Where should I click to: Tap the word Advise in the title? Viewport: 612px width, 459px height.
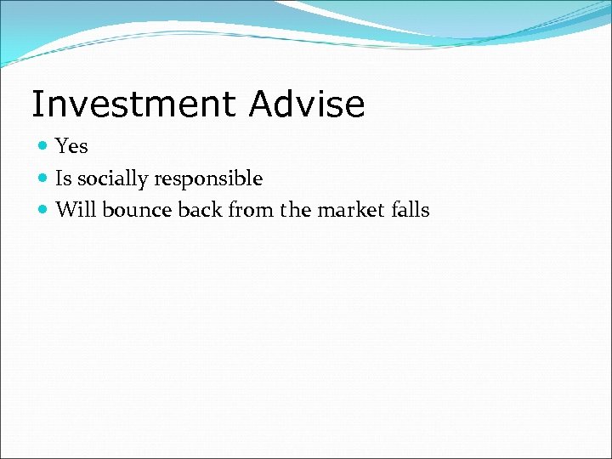(x=307, y=105)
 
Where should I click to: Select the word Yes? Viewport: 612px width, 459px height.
(x=71, y=147)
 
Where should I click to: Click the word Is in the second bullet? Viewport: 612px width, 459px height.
(x=63, y=179)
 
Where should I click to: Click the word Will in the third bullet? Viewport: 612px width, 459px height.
(x=76, y=210)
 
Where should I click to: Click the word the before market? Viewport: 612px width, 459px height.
(x=296, y=210)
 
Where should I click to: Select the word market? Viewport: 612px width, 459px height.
(x=348, y=210)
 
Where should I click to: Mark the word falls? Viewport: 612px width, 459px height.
(x=408, y=210)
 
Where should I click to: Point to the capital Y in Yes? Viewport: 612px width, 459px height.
(x=61, y=147)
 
